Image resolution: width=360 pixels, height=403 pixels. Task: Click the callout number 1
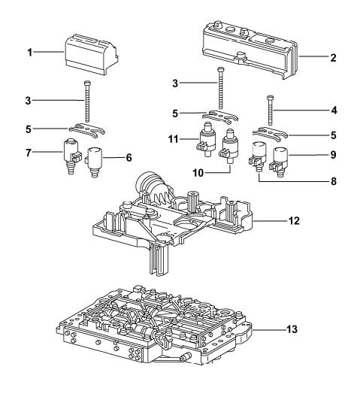point(30,53)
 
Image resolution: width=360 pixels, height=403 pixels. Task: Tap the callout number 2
point(333,58)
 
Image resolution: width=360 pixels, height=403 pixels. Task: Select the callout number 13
point(292,329)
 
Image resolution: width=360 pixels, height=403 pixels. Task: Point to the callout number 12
point(294,220)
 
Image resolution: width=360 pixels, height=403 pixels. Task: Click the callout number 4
point(334,111)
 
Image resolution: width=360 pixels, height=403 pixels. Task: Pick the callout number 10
point(198,173)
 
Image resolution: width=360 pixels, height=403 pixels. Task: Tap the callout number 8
point(333,181)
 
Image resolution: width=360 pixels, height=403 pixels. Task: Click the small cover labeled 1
point(91,55)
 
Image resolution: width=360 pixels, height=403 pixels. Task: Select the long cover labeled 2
point(250,50)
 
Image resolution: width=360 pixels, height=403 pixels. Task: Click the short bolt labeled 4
point(270,109)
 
